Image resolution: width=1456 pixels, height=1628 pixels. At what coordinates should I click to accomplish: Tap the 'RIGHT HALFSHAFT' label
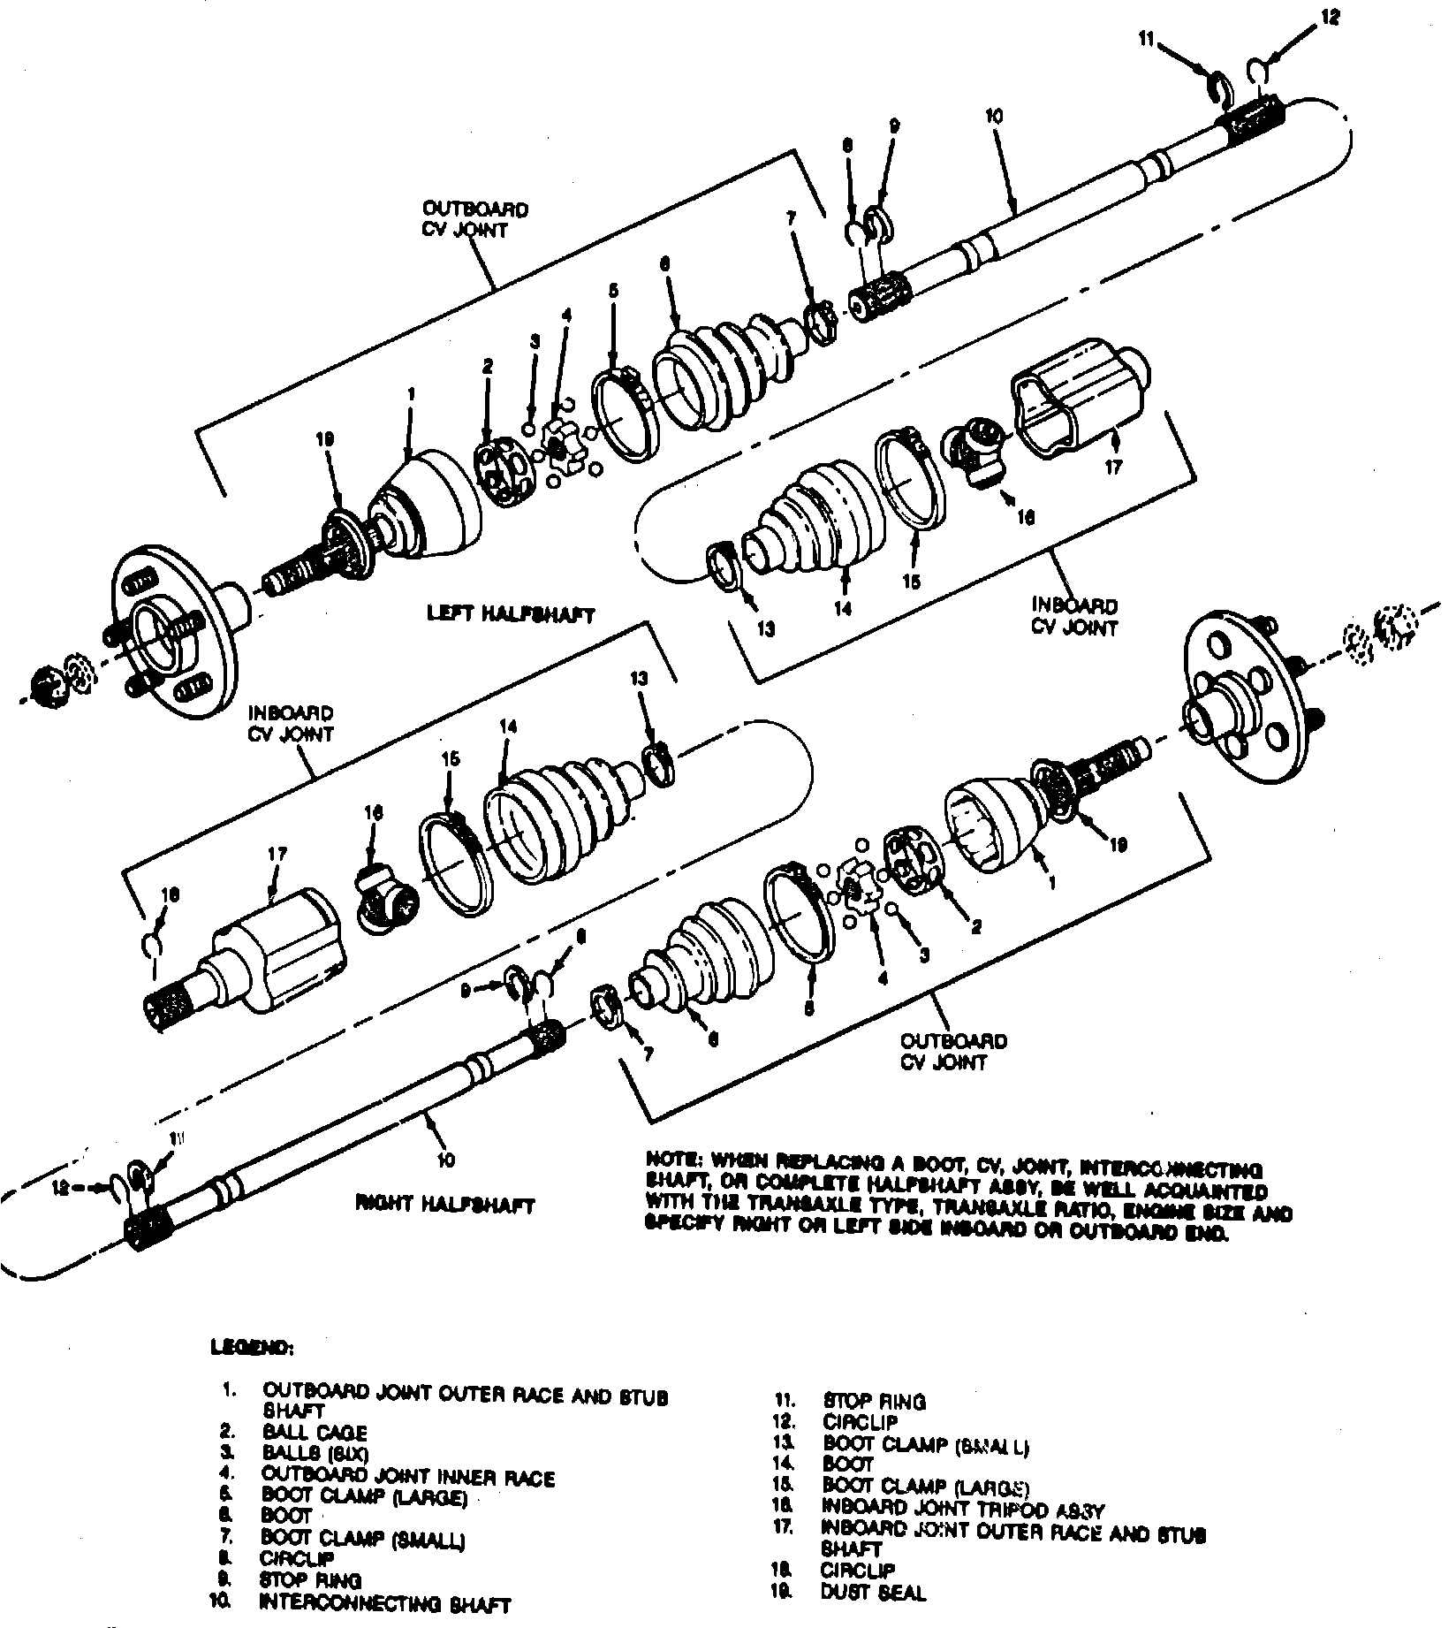445,1205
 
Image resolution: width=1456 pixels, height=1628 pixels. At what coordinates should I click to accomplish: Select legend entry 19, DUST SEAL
873,1593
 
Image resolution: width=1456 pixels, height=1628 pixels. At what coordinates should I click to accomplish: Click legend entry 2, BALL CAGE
314,1433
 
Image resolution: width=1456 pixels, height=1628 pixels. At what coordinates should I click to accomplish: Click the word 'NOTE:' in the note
676,1159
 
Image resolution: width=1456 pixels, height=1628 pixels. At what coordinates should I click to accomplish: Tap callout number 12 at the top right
1331,17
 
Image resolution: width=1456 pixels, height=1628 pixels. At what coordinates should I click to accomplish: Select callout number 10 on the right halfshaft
445,1159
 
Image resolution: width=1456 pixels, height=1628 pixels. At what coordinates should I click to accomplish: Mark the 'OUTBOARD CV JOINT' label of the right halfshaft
953,1051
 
